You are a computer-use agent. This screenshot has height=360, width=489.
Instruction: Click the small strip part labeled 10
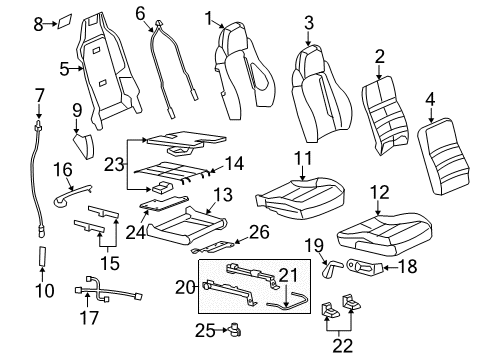(41, 263)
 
